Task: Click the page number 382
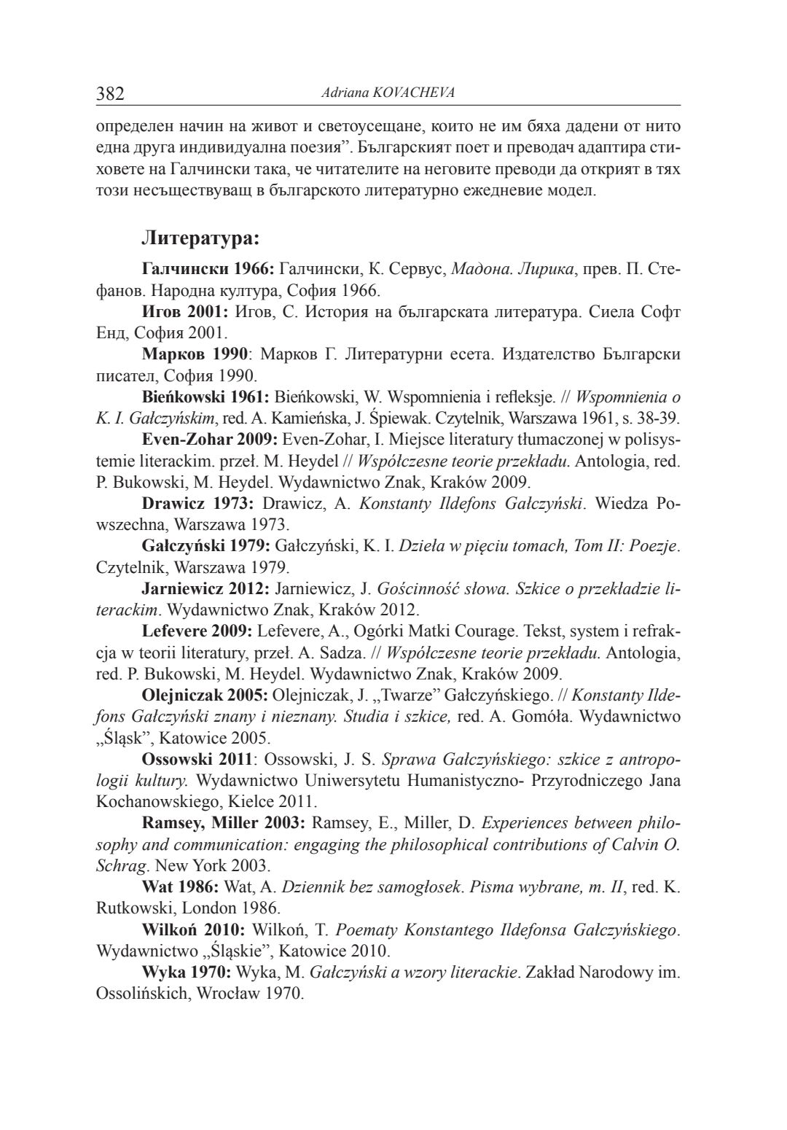pos(111,93)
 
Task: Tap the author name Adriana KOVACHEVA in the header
pos(383,93)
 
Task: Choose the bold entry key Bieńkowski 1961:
pos(206,397)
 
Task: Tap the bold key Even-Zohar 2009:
pos(209,440)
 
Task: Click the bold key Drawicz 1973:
pos(197,503)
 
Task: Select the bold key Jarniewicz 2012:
pos(208,588)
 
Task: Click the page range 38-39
pos(659,418)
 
